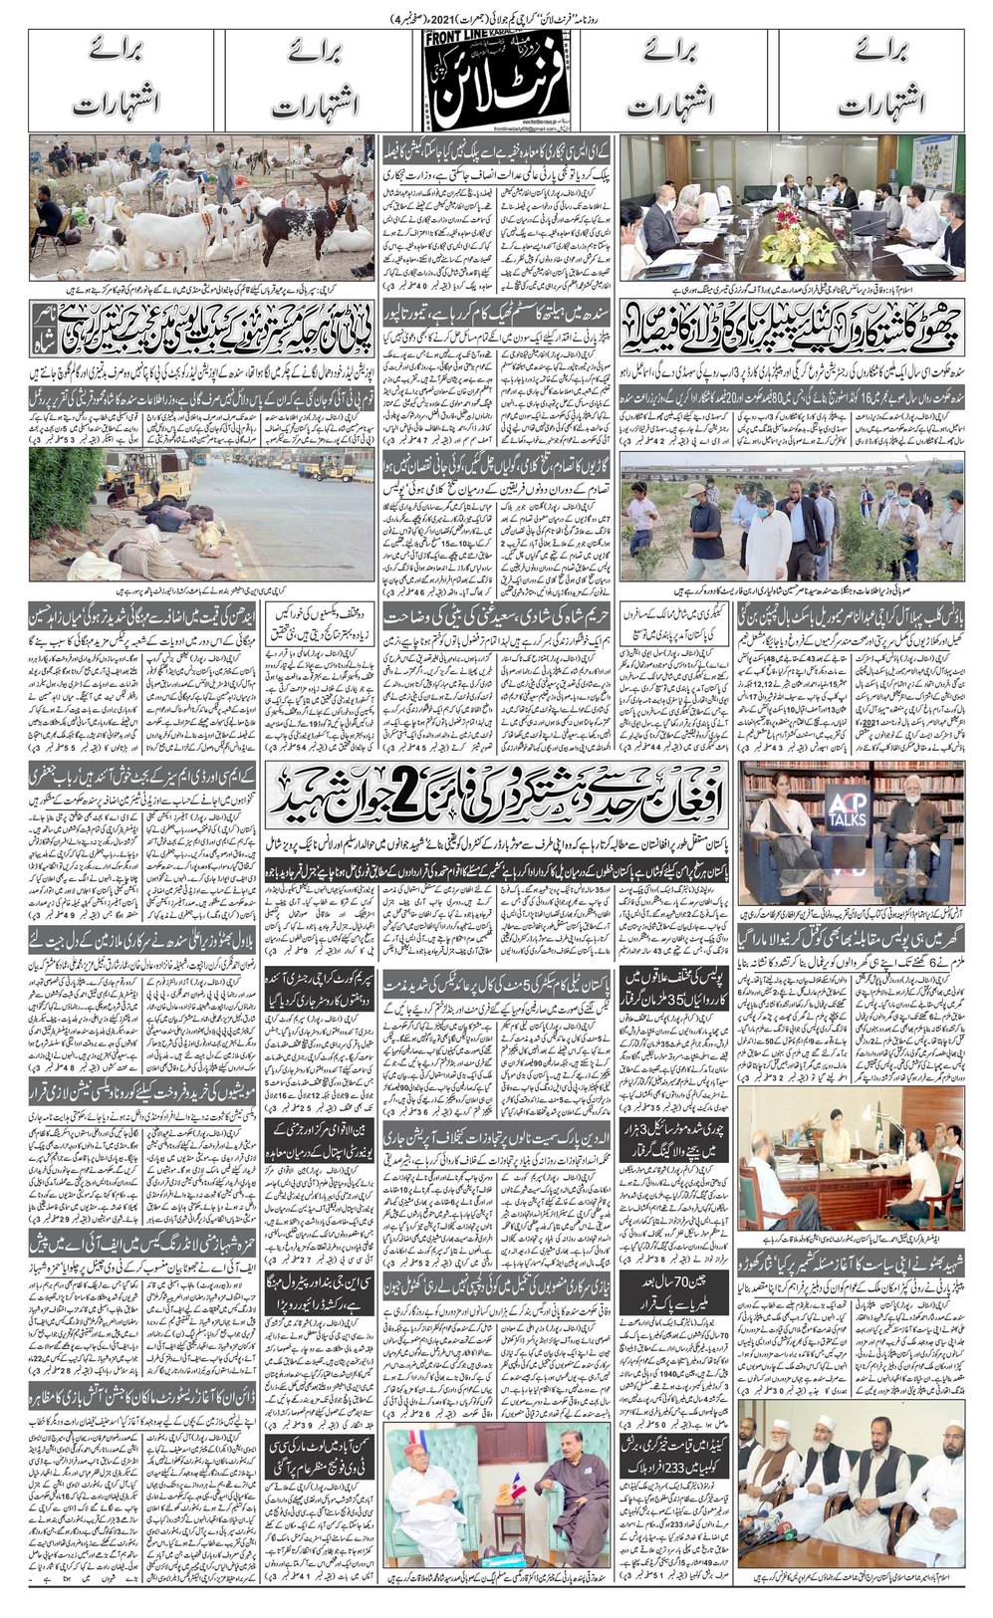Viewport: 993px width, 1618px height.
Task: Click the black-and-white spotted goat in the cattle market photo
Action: coord(308,218)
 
